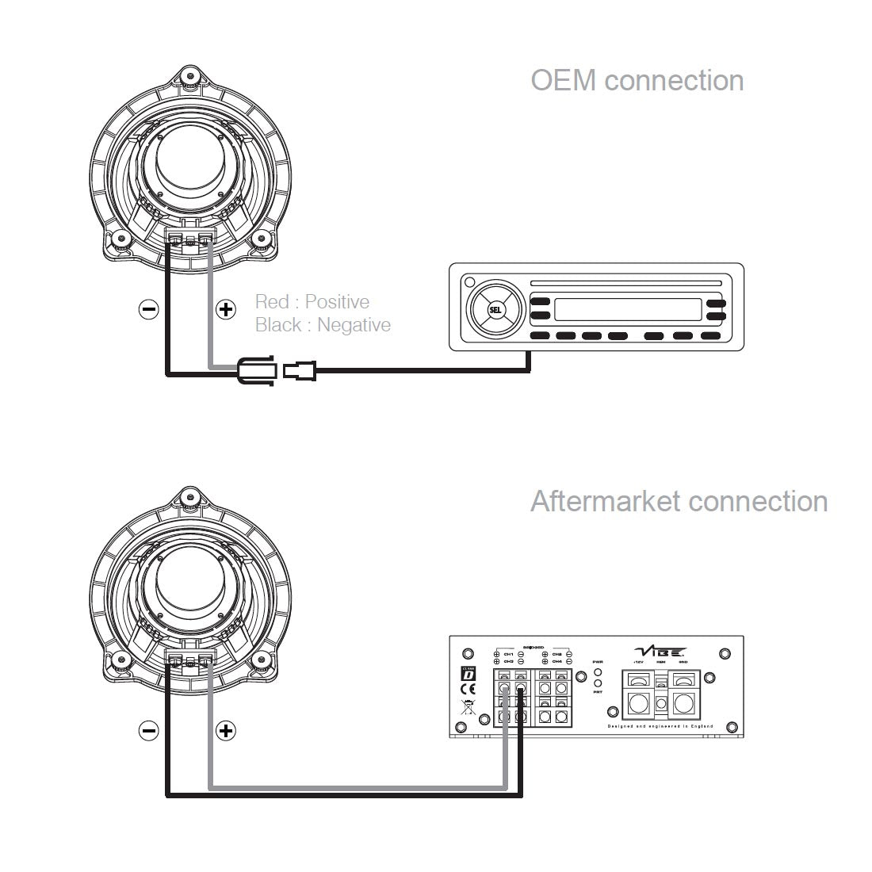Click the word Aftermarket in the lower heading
tap(606, 502)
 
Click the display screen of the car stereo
tap(627, 308)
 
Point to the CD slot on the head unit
tap(625, 283)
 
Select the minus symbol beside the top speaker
tap(148, 309)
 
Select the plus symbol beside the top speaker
tap(226, 309)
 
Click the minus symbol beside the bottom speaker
tap(148, 730)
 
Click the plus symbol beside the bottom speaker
tap(226, 730)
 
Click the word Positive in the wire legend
tap(337, 302)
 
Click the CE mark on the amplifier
tap(467, 689)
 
